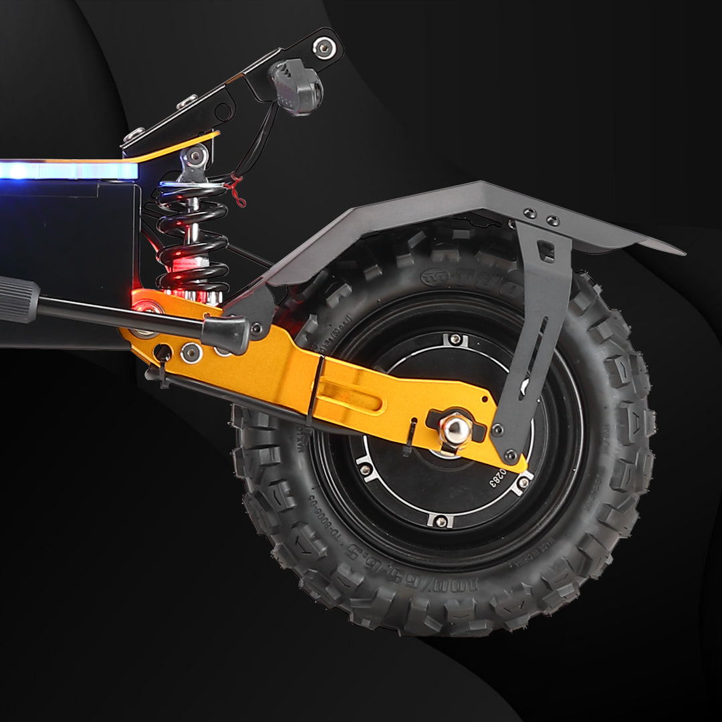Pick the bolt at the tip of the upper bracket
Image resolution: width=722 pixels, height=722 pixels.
tap(324, 47)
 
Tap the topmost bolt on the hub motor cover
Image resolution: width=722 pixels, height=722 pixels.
tap(455, 340)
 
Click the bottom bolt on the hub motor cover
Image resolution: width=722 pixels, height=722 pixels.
tap(439, 520)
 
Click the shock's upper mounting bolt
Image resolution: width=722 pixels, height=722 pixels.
tap(195, 156)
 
